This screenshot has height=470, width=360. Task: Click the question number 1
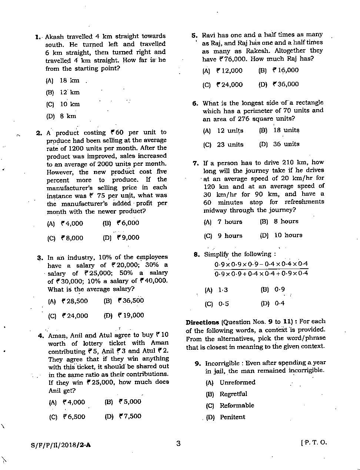37,37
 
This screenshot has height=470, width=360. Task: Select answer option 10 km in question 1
70,104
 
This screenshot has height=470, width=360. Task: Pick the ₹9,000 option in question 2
128,238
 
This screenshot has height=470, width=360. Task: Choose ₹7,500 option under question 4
130,416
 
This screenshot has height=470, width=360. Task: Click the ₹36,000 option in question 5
286,84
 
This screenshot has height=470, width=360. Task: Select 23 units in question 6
230,145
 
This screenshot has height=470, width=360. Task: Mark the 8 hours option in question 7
286,221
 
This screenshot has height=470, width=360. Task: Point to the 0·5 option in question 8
223,304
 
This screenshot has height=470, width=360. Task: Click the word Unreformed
237,382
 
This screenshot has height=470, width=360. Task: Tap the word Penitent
232,417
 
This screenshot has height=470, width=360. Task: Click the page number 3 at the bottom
179,443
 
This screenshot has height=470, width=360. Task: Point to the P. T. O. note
314,443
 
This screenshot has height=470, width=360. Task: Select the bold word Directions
202,322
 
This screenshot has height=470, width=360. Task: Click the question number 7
196,163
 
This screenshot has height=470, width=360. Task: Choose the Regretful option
233,394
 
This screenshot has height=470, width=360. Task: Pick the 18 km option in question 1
69,81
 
